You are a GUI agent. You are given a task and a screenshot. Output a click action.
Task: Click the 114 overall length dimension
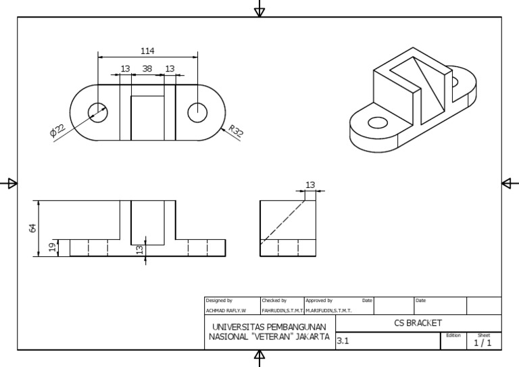[x=147, y=51]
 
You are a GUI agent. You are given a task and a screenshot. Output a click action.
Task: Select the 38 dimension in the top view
[x=147, y=68]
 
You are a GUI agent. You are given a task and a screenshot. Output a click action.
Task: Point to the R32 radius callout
[x=234, y=131]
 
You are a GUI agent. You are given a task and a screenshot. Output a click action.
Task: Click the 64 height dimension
[x=32, y=228]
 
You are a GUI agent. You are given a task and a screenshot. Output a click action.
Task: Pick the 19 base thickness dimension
[x=53, y=248]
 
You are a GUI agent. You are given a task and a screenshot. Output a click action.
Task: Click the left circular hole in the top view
[x=98, y=112]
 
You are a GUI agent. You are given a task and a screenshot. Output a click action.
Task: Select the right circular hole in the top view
[x=197, y=112]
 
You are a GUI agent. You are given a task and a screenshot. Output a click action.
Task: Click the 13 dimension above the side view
[x=310, y=185]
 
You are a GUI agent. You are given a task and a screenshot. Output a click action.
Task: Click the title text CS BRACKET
[x=418, y=323]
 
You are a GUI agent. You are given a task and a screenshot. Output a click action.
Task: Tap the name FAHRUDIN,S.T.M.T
[x=282, y=311]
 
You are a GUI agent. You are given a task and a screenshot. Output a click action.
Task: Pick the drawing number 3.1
[x=343, y=341]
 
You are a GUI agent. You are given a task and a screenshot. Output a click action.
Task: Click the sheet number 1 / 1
[x=483, y=343]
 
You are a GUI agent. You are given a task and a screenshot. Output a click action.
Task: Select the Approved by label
[x=319, y=300]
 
